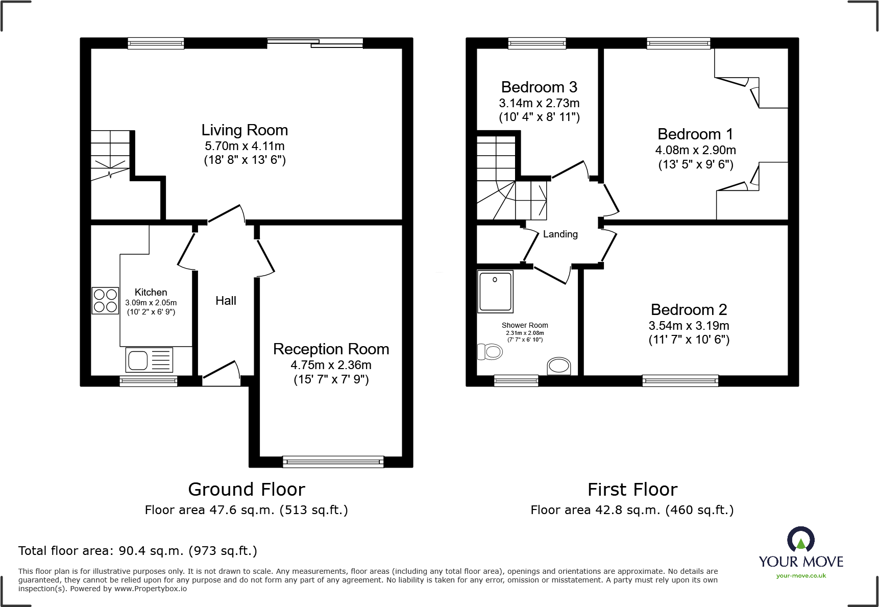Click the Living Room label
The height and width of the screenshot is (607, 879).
pos(245,131)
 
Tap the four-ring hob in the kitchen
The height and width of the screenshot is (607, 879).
pos(105,301)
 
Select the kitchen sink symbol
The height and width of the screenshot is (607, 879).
pos(149,360)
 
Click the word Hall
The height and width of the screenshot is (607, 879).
pos(226,301)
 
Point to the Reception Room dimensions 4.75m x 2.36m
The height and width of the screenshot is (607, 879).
pos(331,365)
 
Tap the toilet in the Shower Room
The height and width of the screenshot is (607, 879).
pos(490,352)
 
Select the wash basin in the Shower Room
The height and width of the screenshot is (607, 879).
pos(558,366)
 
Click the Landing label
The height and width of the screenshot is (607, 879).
pos(560,234)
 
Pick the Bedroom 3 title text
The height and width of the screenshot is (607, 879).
pos(539,87)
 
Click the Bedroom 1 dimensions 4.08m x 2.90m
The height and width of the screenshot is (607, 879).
pos(695,150)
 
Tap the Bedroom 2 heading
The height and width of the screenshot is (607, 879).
pos(689,310)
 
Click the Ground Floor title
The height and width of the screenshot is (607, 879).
pos(247,490)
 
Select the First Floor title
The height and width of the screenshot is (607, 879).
pos(632,490)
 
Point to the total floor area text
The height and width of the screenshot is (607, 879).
pos(137,551)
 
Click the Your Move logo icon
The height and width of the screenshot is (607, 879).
pos(800,539)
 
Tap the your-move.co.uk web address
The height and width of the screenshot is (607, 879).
pos(801,576)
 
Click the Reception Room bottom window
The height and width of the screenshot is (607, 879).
pos(333,462)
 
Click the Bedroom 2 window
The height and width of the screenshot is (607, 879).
pos(680,380)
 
